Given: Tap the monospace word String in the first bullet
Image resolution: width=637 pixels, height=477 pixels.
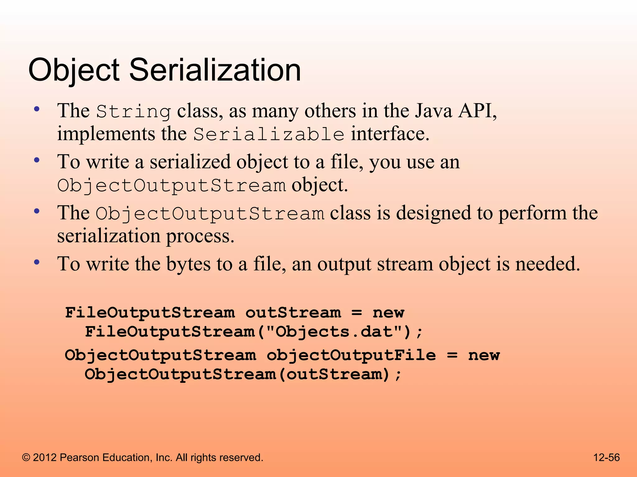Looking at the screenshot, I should pyautogui.click(x=133, y=112).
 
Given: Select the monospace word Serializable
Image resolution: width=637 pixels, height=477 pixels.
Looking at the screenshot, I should pyautogui.click(x=269, y=135).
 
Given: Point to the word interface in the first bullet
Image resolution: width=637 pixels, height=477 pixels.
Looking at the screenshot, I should pyautogui.click(x=390, y=134).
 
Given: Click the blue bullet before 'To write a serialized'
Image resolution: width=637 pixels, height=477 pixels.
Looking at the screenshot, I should pyautogui.click(x=37, y=160).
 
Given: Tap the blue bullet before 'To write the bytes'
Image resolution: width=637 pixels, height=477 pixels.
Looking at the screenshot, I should pyautogui.click(x=37, y=262).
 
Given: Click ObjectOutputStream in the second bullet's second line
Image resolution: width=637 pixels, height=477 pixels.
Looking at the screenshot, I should pyautogui.click(x=171, y=186).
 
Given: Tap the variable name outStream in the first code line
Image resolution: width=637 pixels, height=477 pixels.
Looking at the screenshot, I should pyautogui.click(x=293, y=313).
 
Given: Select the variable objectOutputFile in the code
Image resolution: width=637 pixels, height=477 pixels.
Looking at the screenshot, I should pyautogui.click(x=351, y=355).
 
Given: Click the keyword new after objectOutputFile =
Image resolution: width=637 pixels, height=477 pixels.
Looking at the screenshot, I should pyautogui.click(x=484, y=355).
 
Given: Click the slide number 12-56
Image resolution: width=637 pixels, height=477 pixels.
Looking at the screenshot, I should pyautogui.click(x=606, y=457).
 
